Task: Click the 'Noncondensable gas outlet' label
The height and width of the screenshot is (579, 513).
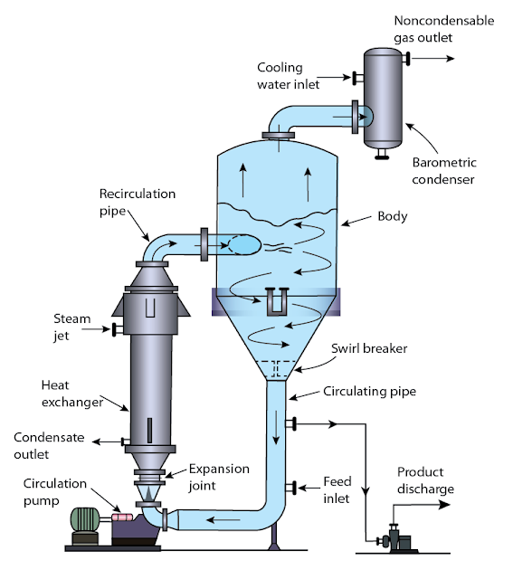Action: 443,29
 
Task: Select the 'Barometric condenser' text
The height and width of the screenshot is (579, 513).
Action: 444,171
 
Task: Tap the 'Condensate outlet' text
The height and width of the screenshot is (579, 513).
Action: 49,444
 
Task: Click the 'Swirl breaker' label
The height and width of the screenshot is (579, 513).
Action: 369,347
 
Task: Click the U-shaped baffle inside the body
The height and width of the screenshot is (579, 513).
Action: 277,300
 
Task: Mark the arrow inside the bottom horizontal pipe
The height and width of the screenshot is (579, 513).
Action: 214,519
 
